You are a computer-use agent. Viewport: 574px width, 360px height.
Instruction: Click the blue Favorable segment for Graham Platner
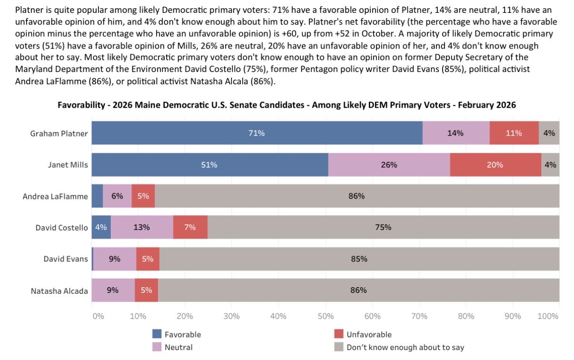(x=257, y=133)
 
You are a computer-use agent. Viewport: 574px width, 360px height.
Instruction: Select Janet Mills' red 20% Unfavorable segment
(x=495, y=165)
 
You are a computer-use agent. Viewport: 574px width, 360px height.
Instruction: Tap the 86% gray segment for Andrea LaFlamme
(x=357, y=196)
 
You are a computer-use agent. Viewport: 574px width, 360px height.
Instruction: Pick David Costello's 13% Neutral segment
(x=142, y=227)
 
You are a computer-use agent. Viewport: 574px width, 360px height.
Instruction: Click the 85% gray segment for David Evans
(x=359, y=259)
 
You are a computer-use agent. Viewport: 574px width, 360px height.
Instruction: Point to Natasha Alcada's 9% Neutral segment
(x=113, y=290)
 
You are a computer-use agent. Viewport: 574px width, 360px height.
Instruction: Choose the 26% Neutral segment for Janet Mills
(x=389, y=165)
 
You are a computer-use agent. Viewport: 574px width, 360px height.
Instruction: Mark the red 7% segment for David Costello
(x=190, y=227)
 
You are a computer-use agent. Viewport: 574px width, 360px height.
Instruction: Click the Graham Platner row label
(x=59, y=133)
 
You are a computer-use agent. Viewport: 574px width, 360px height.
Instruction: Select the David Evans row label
(x=66, y=259)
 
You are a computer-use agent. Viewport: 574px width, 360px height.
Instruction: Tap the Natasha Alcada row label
(x=59, y=290)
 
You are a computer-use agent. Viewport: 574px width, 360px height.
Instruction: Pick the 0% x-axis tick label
(x=98, y=316)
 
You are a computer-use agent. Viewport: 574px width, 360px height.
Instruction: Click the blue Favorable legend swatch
(x=157, y=334)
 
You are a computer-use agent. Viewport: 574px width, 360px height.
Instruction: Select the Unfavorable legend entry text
(x=369, y=334)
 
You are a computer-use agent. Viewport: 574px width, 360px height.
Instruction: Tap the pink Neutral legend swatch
(x=157, y=347)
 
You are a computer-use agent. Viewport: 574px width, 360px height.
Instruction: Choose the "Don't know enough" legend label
(x=405, y=347)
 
